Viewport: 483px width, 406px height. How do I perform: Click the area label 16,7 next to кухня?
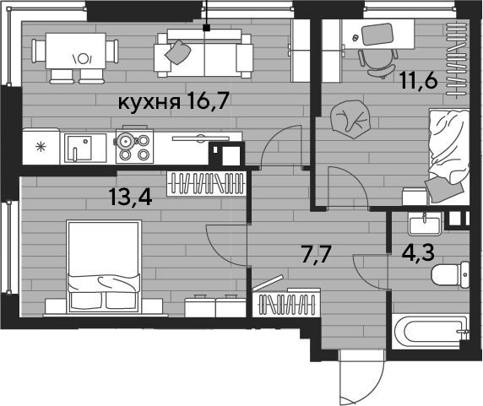coord(208,101)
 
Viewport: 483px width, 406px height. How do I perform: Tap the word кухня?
coord(149,102)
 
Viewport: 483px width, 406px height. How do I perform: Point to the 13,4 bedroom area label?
coord(131,197)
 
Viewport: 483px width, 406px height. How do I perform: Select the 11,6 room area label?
coord(419,81)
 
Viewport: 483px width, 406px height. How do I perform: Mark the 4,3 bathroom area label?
coord(418,252)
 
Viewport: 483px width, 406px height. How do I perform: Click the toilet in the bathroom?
coord(450,275)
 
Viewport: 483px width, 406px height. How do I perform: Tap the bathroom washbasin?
coord(425,223)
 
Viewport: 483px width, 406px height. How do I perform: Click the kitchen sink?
coord(79,149)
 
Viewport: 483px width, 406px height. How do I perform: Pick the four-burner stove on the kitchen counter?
coord(134,146)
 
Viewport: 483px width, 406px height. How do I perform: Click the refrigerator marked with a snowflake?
coord(41,147)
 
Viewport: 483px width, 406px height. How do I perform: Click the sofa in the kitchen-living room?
coord(204,53)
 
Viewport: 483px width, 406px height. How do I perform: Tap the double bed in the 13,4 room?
coord(104,266)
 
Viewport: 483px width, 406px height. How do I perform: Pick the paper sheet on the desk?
coord(377,34)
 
